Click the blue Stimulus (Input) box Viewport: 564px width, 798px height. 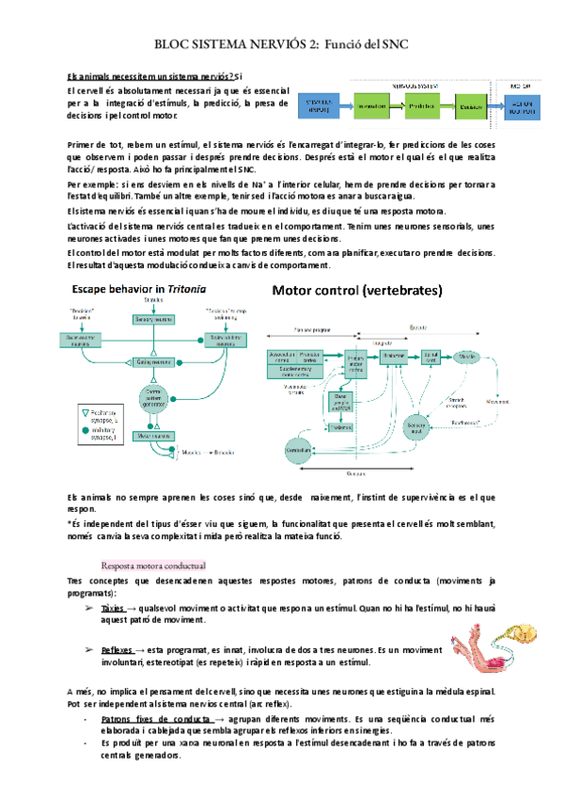coord(320,107)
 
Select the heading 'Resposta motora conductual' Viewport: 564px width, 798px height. coord(153,565)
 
